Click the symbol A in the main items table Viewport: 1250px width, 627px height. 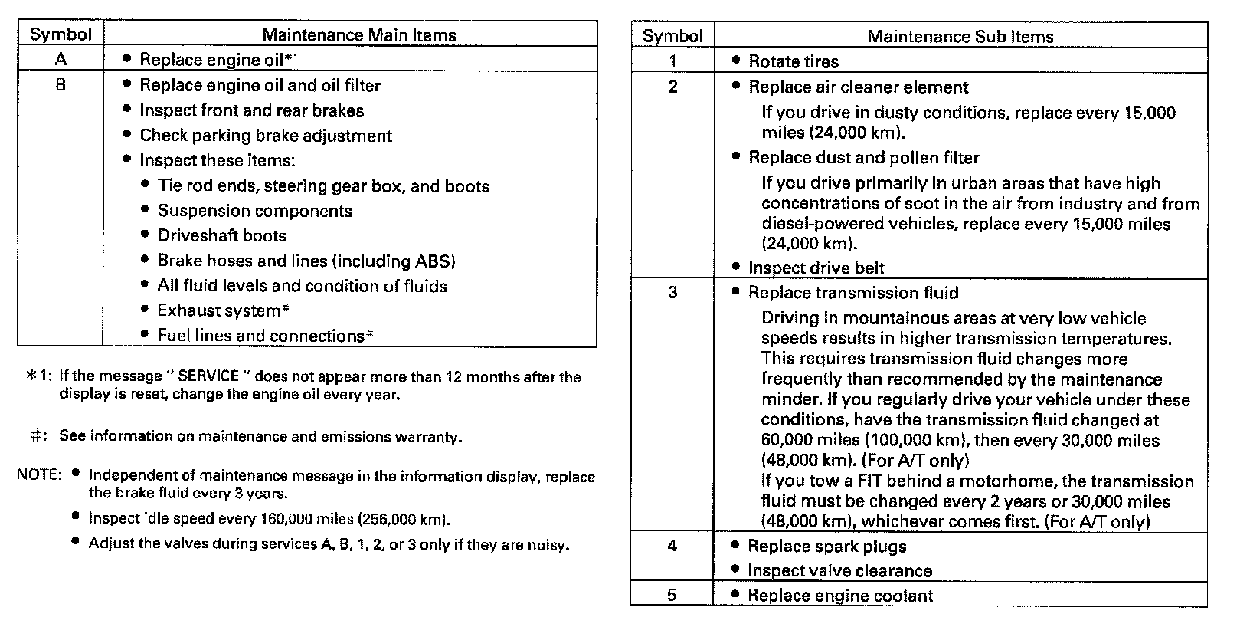click(x=61, y=59)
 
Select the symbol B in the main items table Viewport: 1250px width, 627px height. click(x=61, y=84)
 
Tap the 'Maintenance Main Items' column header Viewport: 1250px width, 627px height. click(x=358, y=34)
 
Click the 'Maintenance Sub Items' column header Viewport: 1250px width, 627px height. click(x=960, y=36)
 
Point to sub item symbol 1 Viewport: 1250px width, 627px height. click(x=672, y=61)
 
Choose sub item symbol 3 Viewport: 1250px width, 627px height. click(x=672, y=292)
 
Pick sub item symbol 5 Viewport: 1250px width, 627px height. click(x=672, y=595)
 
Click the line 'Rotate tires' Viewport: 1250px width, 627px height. click(x=793, y=61)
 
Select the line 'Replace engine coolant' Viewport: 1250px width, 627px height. click(x=840, y=596)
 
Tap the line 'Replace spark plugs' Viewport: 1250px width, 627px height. click(x=826, y=547)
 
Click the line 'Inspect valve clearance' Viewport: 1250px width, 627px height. click(x=839, y=570)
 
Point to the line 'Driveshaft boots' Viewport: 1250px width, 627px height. click(x=221, y=235)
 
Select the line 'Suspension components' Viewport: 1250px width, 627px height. click(x=254, y=211)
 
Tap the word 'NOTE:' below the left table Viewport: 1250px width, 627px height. click(x=38, y=475)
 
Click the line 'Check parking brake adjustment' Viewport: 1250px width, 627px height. click(x=265, y=136)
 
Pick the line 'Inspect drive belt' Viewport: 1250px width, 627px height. click(x=816, y=268)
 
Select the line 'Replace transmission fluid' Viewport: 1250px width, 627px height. click(x=852, y=293)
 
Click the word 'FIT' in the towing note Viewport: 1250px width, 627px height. click(x=855, y=481)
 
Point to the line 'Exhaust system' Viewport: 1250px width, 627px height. click(x=219, y=310)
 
